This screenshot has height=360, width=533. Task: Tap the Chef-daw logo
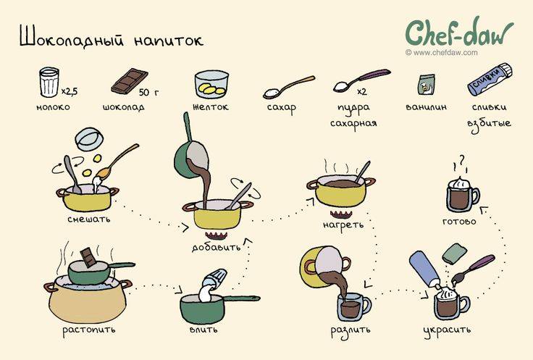point(458,33)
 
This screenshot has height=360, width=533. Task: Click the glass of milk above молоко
point(49,81)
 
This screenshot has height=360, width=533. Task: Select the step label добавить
point(216,246)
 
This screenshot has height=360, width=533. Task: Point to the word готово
point(459,220)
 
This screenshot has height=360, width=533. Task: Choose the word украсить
point(447,330)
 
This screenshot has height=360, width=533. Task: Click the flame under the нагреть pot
point(340,213)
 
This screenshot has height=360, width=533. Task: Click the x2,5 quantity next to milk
point(70,91)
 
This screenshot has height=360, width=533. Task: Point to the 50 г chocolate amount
point(148,93)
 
